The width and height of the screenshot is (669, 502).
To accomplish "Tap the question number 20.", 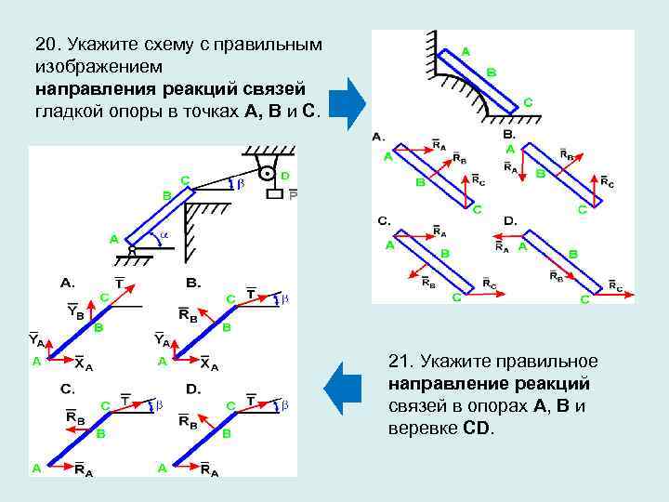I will pos(46,46).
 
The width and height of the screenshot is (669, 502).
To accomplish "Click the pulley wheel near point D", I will pos(267,172).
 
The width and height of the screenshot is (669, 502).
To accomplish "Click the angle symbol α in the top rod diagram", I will pos(164,237).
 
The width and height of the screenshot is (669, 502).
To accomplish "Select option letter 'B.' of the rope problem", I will pos(193,282).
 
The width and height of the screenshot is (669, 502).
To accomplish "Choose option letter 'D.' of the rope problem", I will pos(193,388).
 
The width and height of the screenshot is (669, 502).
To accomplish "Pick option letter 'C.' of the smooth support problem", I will pos(383,221).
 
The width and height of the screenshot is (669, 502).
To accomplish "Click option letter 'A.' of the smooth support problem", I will pos(379,136).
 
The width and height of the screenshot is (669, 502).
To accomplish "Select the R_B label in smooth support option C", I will pos(428,280).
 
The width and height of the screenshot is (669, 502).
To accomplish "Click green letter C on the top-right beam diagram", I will pos(528,102).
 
